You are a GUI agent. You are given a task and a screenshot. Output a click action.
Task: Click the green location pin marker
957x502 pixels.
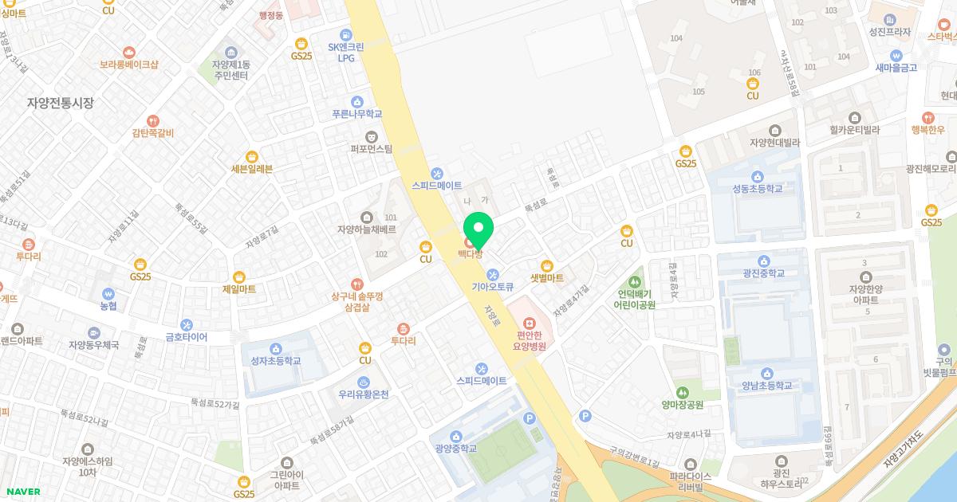click(x=478, y=229)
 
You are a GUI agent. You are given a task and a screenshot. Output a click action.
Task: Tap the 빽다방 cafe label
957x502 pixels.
click(x=470, y=254)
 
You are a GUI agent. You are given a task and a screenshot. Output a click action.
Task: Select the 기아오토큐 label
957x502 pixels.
click(x=493, y=288)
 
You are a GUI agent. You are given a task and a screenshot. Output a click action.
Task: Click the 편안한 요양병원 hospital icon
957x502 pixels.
click(x=530, y=322)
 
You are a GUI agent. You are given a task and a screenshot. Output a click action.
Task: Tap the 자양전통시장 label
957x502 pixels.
click(x=61, y=103)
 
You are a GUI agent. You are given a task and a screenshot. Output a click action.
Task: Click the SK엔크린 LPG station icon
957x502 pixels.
click(x=346, y=35)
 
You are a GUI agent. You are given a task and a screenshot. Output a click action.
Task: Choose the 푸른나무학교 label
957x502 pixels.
click(x=356, y=114)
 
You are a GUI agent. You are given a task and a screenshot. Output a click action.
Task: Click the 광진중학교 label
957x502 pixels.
click(x=763, y=273)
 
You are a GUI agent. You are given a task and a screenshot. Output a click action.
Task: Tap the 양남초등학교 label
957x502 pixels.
click(x=766, y=386)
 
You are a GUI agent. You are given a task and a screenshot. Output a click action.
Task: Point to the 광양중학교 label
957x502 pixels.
click(x=455, y=449)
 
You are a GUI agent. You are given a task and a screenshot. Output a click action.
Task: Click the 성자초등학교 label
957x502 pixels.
click(x=275, y=361)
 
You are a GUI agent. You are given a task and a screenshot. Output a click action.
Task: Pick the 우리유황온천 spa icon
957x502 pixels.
click(x=364, y=382)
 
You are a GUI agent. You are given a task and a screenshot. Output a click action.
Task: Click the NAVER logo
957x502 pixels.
click(x=22, y=492)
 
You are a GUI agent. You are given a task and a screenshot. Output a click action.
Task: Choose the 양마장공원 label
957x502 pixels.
click(x=683, y=405)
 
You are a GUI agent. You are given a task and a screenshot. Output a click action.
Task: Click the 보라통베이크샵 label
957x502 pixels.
click(x=128, y=65)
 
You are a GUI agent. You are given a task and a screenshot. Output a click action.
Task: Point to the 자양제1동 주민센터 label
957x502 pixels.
click(x=230, y=69)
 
